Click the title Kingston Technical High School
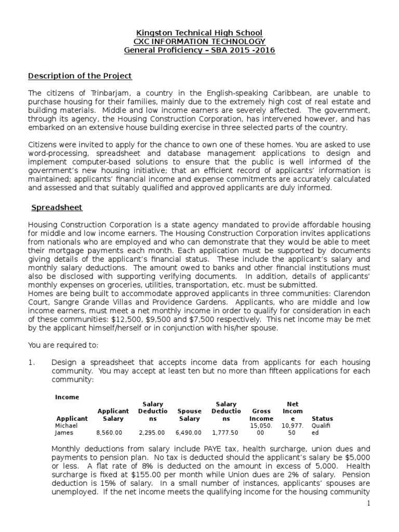[199, 33]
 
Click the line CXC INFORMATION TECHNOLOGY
[199, 42]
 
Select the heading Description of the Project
[79, 76]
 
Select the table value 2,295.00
[152, 432]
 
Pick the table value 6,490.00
[189, 432]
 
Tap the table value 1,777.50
[225, 432]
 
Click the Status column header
[322, 418]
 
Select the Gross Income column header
[261, 415]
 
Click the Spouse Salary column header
[189, 415]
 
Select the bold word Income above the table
[67, 397]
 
